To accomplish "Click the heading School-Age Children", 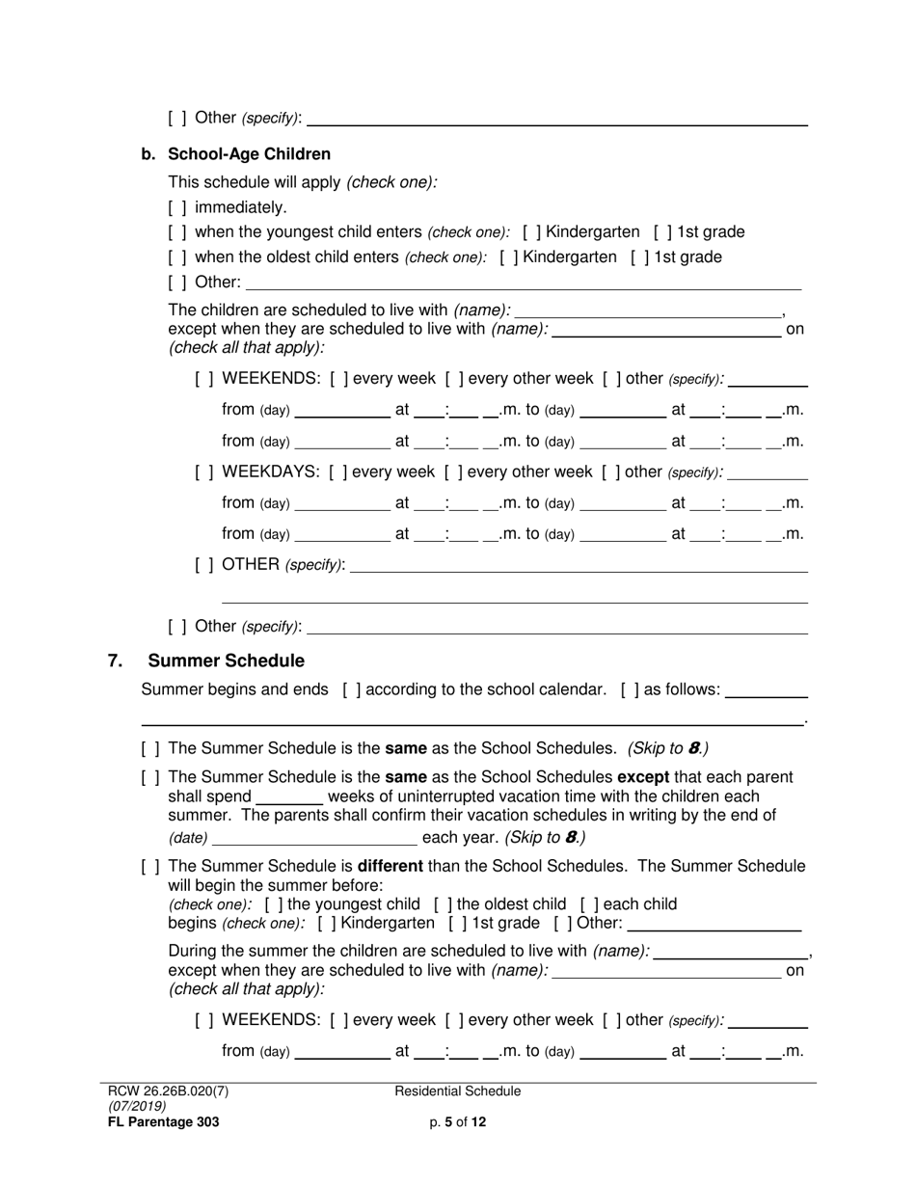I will point(249,154).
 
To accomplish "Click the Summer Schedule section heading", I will point(226,661).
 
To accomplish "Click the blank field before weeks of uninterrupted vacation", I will point(289,797).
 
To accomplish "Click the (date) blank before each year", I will point(314,838).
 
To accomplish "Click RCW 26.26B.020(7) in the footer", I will point(169,1092).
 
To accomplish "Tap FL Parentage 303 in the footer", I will point(164,1122).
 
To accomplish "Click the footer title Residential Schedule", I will point(458,1092).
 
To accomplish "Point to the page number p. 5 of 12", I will point(458,1122).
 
